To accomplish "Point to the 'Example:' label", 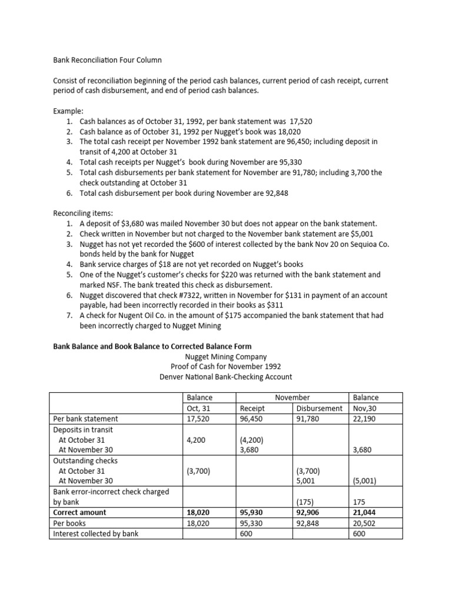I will tap(69, 111).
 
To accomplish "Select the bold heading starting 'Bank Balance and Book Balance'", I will tap(152, 346).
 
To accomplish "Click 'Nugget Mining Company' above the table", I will tap(226, 356).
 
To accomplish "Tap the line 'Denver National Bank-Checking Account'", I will tap(226, 377).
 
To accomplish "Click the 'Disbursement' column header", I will tap(319, 408).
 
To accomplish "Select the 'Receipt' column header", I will tap(252, 408).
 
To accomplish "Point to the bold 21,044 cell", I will tap(365, 513).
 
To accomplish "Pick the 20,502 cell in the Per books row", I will tap(365, 523).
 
